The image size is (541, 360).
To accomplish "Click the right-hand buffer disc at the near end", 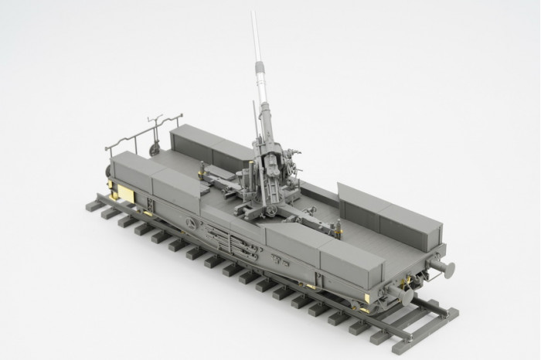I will [x=446, y=268].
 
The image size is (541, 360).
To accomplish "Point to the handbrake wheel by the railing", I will [x=156, y=148].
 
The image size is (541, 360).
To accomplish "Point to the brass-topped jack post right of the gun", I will [x=337, y=225].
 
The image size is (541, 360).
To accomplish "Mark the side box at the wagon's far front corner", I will [x=131, y=174].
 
